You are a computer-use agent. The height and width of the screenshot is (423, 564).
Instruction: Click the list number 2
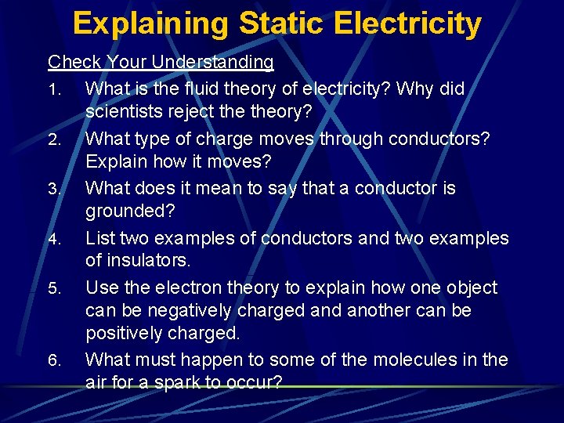[x=53, y=140]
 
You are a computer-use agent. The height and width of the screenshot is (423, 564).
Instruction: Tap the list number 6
[x=53, y=361]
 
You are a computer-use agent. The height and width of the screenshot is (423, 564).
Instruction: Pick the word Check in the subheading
[x=74, y=62]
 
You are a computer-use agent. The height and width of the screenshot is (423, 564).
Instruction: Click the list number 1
[x=53, y=91]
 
